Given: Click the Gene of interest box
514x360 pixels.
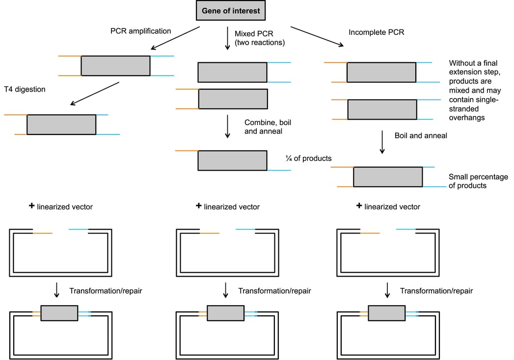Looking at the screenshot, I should click(231, 10).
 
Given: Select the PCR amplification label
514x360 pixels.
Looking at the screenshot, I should click(141, 31).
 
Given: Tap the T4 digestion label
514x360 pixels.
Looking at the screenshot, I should click(25, 89).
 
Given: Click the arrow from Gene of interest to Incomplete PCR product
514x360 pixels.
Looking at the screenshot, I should click(317, 36).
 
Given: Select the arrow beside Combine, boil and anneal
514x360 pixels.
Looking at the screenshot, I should click(227, 127).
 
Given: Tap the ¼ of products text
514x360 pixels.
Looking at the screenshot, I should click(308, 158).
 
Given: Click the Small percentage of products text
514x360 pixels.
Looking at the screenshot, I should click(478, 181).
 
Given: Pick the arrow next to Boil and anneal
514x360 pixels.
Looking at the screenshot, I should click(382, 142).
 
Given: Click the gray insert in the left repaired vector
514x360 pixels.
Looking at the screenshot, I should click(59, 313).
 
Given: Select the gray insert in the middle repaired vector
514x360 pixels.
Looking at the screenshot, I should click(225, 313).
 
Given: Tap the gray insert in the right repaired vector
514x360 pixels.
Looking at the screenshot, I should click(386, 313).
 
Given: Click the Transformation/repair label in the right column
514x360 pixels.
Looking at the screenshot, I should click(436, 291).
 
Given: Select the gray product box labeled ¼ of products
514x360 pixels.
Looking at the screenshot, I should click(232, 160).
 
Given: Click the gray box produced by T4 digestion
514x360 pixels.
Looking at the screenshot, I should click(61, 125).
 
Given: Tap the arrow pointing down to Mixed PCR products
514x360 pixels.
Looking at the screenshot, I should click(227, 39).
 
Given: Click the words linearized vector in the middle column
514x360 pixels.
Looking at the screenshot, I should click(232, 207).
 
